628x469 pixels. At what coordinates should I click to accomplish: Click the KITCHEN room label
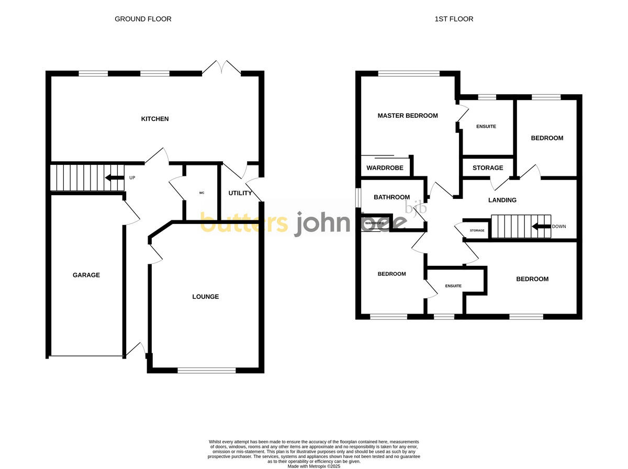pos(155,119)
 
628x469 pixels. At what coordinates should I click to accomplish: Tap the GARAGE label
pos(86,275)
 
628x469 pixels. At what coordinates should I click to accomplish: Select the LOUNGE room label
pos(205,297)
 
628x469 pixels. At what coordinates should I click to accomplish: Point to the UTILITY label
pos(240,193)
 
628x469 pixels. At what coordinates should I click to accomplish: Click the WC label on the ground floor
pos(201,193)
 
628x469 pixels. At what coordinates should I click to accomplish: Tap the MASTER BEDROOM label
pos(408,116)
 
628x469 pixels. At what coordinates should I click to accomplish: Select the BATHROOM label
pos(391,197)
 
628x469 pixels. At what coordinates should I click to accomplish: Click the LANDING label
pos(502,200)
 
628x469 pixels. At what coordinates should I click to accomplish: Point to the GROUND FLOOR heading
pos(143,19)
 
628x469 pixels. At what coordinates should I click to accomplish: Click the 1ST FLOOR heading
pos(454,19)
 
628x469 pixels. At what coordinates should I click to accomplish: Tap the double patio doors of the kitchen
pos(222,68)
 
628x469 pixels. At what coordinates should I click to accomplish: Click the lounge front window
pos(206,371)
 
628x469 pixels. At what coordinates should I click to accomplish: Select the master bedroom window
pos(409,74)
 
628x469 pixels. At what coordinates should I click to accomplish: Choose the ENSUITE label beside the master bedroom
pos(486,127)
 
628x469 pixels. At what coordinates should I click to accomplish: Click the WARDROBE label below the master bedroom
pos(385,168)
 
